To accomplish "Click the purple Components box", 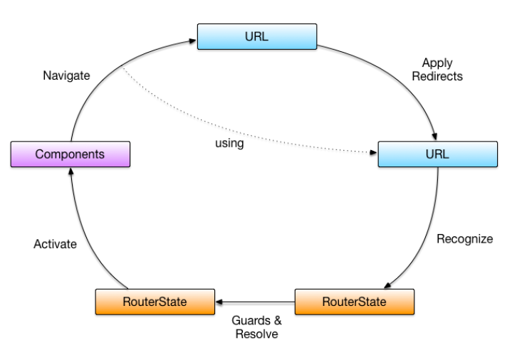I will click(71, 154).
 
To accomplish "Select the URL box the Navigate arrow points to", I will click(256, 36).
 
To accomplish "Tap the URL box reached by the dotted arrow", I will click(437, 154).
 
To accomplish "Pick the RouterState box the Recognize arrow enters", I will click(354, 301).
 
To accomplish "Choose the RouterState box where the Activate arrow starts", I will click(155, 301).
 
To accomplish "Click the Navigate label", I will click(66, 75).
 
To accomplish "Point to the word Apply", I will click(437, 63).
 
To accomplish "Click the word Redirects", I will click(437, 76).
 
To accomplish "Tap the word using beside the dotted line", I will click(229, 143).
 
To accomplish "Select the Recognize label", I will click(464, 238).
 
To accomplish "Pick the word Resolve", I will click(256, 334).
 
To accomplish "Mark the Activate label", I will click(55, 244).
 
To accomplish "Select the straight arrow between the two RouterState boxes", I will click(255, 302).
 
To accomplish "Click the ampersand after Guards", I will click(267, 321).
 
